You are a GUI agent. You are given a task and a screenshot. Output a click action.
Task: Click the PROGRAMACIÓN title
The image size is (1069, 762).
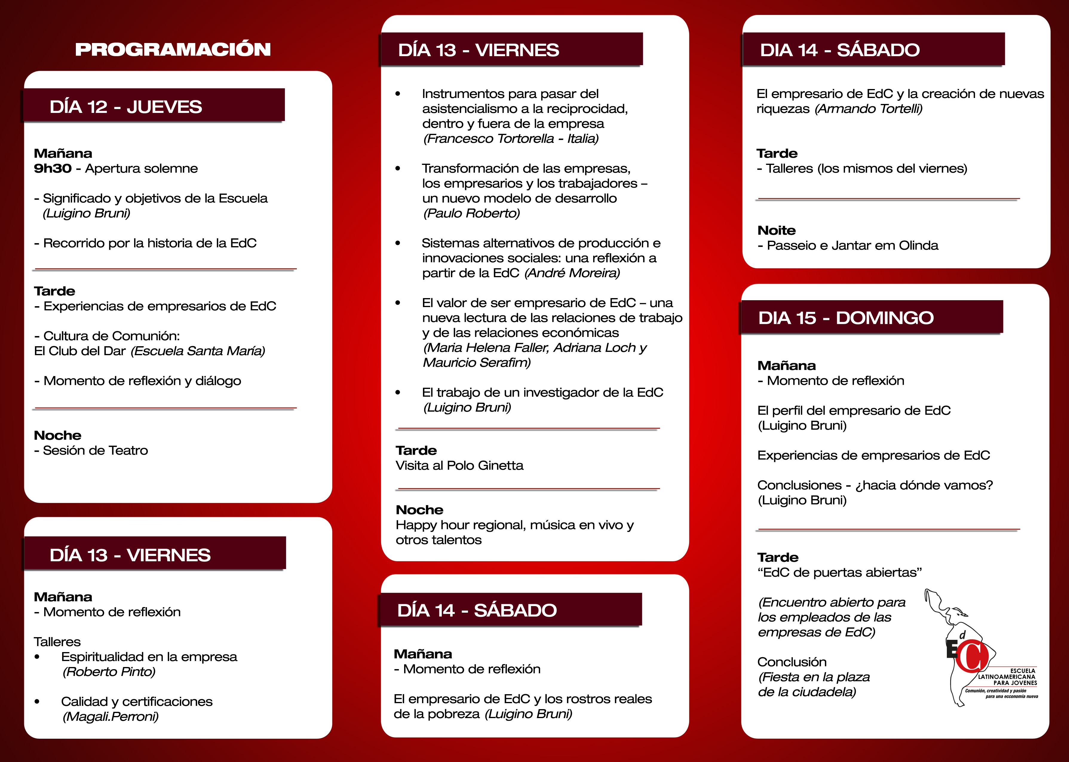[173, 49]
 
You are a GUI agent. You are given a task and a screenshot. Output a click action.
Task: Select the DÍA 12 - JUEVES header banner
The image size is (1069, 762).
[154, 106]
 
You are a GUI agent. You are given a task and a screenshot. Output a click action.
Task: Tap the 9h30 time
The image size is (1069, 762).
[53, 168]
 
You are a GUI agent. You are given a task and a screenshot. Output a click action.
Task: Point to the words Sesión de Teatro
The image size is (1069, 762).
[95, 450]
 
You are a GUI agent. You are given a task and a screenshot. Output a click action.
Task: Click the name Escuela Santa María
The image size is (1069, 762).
[198, 351]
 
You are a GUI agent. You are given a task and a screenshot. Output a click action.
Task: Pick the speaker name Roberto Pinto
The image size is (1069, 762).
[109, 672]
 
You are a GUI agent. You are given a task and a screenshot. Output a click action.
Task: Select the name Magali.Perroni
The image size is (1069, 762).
[111, 717]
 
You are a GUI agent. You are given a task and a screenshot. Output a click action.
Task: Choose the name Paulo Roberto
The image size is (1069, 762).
[471, 214]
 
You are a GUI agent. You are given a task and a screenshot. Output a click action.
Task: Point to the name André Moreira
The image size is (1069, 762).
[572, 273]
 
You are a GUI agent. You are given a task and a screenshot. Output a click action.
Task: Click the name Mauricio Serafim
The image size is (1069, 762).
[477, 363]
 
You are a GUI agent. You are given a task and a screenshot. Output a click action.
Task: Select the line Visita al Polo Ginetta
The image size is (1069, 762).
[459, 465]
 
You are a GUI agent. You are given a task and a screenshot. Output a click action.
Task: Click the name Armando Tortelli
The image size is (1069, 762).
[869, 109]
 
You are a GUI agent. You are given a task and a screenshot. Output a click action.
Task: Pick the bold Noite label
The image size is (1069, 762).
[776, 230]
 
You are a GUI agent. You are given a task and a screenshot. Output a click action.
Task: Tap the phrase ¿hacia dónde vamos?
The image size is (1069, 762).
[924, 485]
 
